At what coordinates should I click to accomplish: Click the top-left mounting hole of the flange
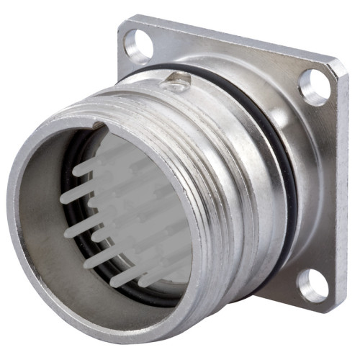coord(136,45)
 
